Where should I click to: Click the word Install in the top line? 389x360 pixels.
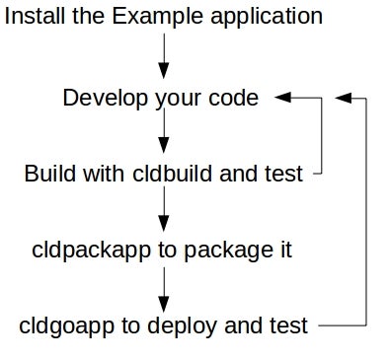click(37, 18)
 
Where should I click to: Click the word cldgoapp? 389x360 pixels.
click(59, 324)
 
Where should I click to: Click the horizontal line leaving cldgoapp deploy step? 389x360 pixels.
click(343, 324)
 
